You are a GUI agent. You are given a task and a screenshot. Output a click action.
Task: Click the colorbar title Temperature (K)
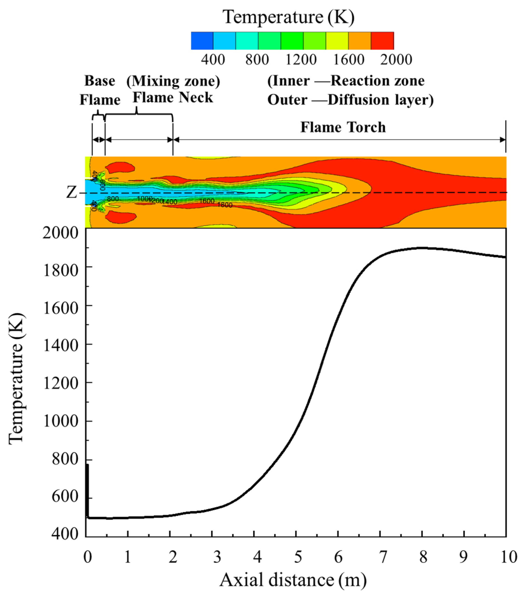coord(288,17)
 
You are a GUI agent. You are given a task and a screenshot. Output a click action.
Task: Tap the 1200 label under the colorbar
coord(301,60)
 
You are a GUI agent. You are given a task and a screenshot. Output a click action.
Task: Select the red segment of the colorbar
coord(382,41)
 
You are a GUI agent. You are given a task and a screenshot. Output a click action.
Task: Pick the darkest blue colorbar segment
coord(202,41)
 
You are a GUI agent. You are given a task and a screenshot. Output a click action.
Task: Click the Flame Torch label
coord(343,127)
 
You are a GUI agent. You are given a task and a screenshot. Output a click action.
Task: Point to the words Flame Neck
coord(173,97)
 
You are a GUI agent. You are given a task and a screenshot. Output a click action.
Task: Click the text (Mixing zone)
coord(173,81)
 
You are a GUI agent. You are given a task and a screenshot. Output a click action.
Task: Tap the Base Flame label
coord(100,90)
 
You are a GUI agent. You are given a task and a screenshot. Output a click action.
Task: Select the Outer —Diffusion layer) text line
coord(350,100)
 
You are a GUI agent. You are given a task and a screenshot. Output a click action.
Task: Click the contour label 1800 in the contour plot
coord(225,205)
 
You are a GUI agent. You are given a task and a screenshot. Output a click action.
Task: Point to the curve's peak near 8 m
coord(422,248)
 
